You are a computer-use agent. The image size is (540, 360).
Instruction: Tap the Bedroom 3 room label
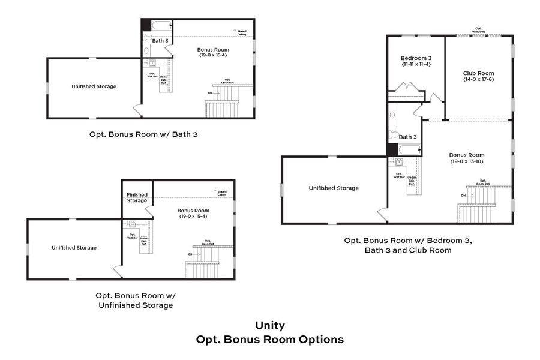(x=414, y=58)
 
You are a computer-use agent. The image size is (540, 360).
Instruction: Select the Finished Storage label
(x=137, y=197)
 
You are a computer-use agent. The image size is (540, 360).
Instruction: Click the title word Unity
(x=270, y=326)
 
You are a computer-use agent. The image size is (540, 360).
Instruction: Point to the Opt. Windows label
(x=479, y=30)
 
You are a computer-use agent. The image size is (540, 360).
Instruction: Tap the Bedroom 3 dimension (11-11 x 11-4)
(x=414, y=65)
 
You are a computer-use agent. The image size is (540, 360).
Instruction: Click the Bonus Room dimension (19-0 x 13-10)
(x=467, y=161)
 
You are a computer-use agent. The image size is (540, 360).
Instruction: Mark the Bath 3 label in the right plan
(x=408, y=137)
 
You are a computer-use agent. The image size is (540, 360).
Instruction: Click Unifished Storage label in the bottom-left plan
(x=74, y=247)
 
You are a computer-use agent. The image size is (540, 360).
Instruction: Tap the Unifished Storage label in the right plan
(x=334, y=188)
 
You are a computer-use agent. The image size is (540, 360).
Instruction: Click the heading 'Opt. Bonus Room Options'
(x=270, y=340)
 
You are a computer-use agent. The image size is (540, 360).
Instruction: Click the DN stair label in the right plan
(x=464, y=196)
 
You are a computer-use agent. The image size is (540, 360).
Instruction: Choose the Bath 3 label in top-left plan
(x=160, y=41)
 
